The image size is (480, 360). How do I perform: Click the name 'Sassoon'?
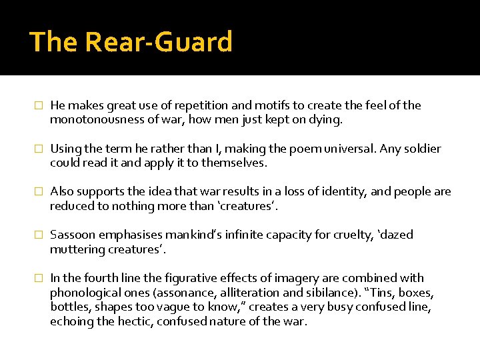point(73,235)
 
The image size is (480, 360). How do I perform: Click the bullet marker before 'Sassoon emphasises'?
point(39,235)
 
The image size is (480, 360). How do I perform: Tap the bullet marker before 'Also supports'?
point(39,192)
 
